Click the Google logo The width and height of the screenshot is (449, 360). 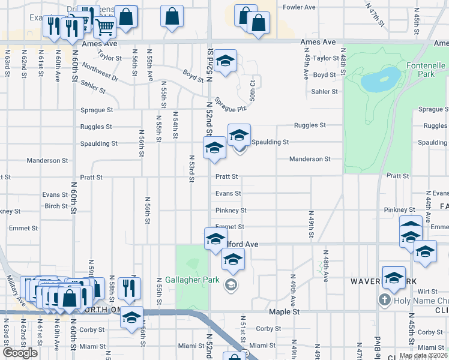[20, 353]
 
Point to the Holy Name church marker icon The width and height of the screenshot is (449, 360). [384, 299]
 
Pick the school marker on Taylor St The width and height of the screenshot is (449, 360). [225, 61]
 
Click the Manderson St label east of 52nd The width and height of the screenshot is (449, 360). [310, 160]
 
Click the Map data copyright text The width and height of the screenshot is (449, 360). [423, 355]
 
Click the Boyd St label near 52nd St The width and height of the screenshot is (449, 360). [193, 77]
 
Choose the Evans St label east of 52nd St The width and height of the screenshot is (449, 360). [228, 193]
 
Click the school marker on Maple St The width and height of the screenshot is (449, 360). [132, 318]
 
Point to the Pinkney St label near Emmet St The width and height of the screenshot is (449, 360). [231, 211]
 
